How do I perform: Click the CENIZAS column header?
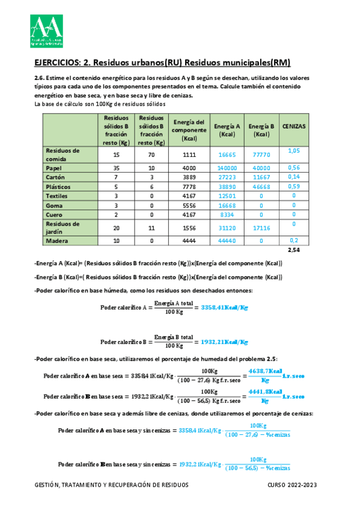[x=294, y=127]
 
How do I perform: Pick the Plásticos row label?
[x=59, y=187]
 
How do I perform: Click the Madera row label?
[x=58, y=241]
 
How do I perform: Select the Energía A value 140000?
[x=227, y=168]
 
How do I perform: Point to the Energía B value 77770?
[x=261, y=155]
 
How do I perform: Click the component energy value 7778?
[x=189, y=187]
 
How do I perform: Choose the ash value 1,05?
[x=294, y=150]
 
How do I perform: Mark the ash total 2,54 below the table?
[x=294, y=250]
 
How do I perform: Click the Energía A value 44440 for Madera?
[x=227, y=241]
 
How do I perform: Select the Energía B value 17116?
[x=261, y=228]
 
